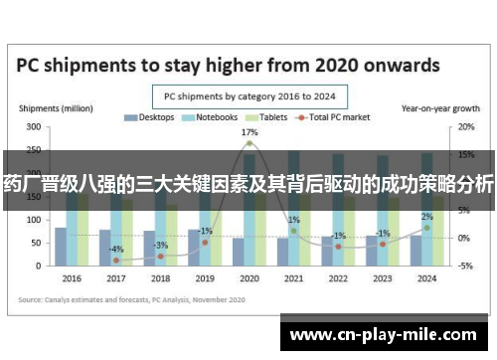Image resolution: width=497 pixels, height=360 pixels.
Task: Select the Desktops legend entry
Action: pyautogui.click(x=149, y=117)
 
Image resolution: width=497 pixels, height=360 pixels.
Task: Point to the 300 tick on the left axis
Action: pyautogui.click(x=34, y=127)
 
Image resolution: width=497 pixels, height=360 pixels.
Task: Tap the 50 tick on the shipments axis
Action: pyautogui.click(x=37, y=243)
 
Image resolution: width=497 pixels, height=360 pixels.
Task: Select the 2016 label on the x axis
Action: pyautogui.click(x=72, y=278)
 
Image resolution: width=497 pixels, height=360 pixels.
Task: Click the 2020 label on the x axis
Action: pyautogui.click(x=248, y=278)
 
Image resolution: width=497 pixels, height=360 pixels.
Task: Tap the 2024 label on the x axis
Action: pyautogui.click(x=425, y=278)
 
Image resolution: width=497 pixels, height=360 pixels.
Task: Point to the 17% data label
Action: pyautogui.click(x=249, y=132)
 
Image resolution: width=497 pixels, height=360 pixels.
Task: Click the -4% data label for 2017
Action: pyautogui.click(x=117, y=249)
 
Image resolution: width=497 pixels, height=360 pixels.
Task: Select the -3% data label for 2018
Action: pyautogui.click(x=161, y=245)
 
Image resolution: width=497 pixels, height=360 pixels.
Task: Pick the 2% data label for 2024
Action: pyautogui.click(x=426, y=217)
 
